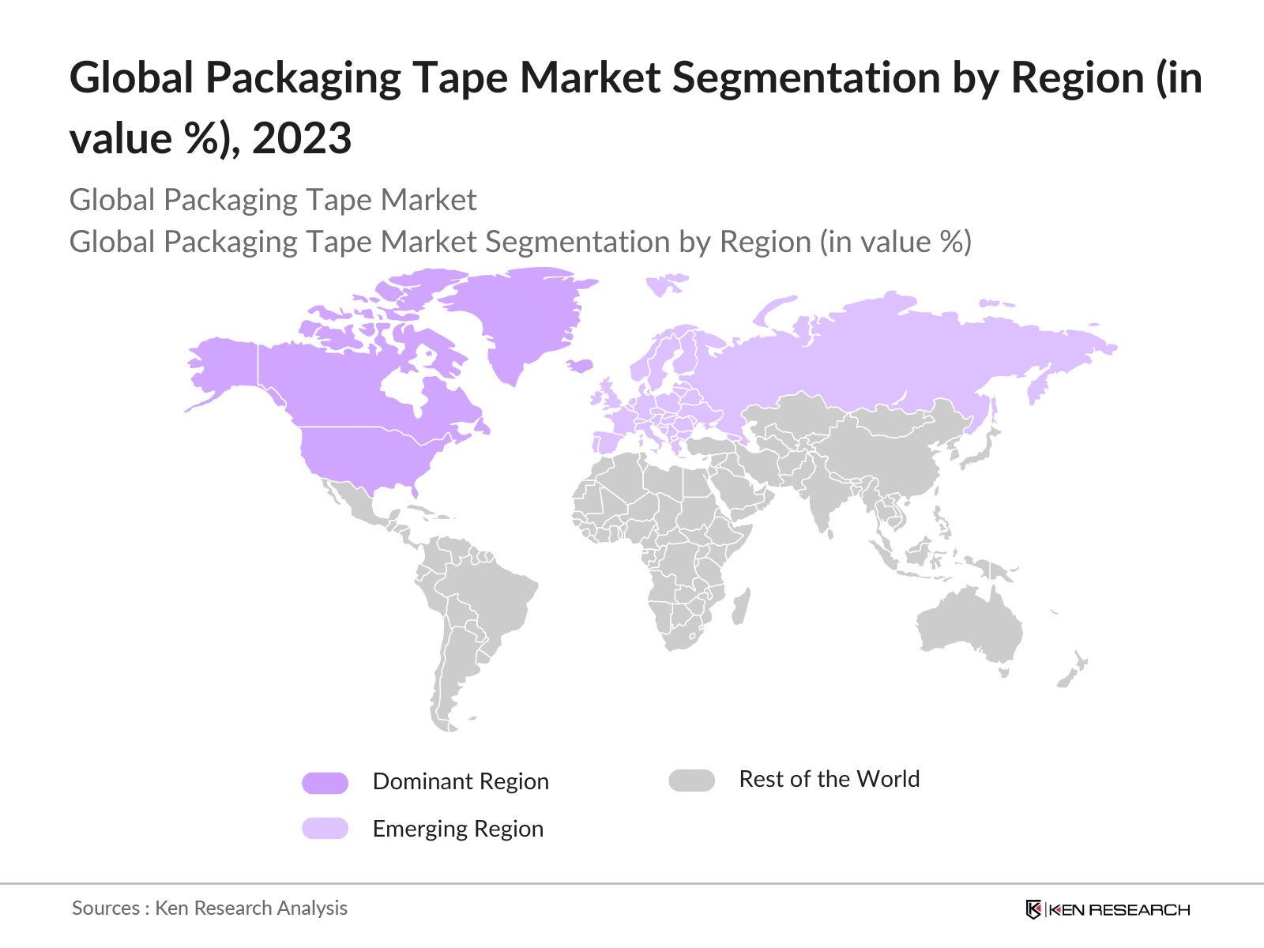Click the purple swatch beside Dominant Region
point(325,783)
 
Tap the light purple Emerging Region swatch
point(325,828)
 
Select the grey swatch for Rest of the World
point(691,781)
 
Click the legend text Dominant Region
point(461,781)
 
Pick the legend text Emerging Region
point(457,829)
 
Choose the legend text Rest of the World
point(829,779)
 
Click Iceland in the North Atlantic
point(580,365)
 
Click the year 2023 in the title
point(302,139)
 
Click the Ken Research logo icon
point(1033,909)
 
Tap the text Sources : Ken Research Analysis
point(209,908)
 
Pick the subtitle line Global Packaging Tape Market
point(273,200)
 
